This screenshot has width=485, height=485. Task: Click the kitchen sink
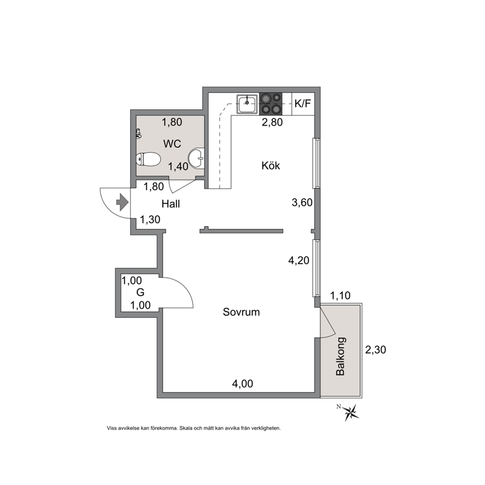pos(247,104)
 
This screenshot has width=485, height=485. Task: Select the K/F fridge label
pos(303,103)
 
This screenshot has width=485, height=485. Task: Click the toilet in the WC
pos(148,159)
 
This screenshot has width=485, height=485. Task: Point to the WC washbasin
pos(197,158)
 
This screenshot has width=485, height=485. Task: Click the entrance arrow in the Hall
pos(122,202)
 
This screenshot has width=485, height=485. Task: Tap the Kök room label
pos(271,165)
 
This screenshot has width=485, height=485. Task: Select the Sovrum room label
pos(241,312)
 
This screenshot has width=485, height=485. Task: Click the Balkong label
pos(340,356)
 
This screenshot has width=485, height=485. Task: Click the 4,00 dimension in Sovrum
pos(242,383)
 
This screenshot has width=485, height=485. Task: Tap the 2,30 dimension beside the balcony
pos(375,350)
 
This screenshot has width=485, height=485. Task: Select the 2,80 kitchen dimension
pos(272,122)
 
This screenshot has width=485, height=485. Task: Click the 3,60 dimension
pos(302,202)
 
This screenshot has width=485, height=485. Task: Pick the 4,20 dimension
pos(299,261)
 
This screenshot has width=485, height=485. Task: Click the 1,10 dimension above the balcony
pos(340,296)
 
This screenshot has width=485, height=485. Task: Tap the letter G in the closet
pos(140,292)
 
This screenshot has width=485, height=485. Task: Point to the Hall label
pos(171,204)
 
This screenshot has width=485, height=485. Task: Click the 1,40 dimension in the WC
pos(178,166)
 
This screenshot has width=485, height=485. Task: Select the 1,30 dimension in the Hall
pos(150,220)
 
